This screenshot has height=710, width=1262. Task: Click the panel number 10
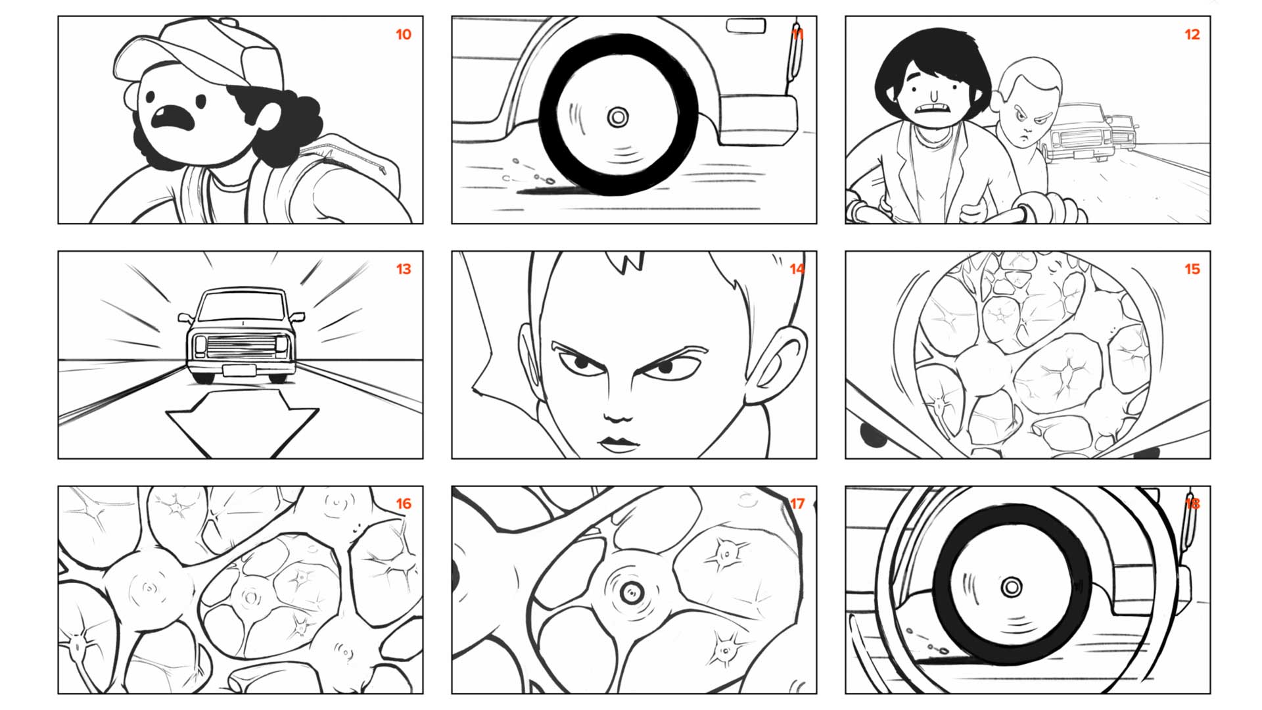404,34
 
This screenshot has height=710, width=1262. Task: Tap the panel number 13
404,269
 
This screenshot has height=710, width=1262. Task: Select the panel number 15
1192,269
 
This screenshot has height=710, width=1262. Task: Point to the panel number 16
404,504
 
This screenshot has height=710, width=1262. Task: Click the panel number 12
1192,34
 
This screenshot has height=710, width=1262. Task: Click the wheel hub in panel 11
618,118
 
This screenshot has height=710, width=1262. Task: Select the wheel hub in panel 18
1012,586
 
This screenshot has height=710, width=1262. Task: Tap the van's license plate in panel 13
239,370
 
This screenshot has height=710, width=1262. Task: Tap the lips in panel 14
618,444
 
